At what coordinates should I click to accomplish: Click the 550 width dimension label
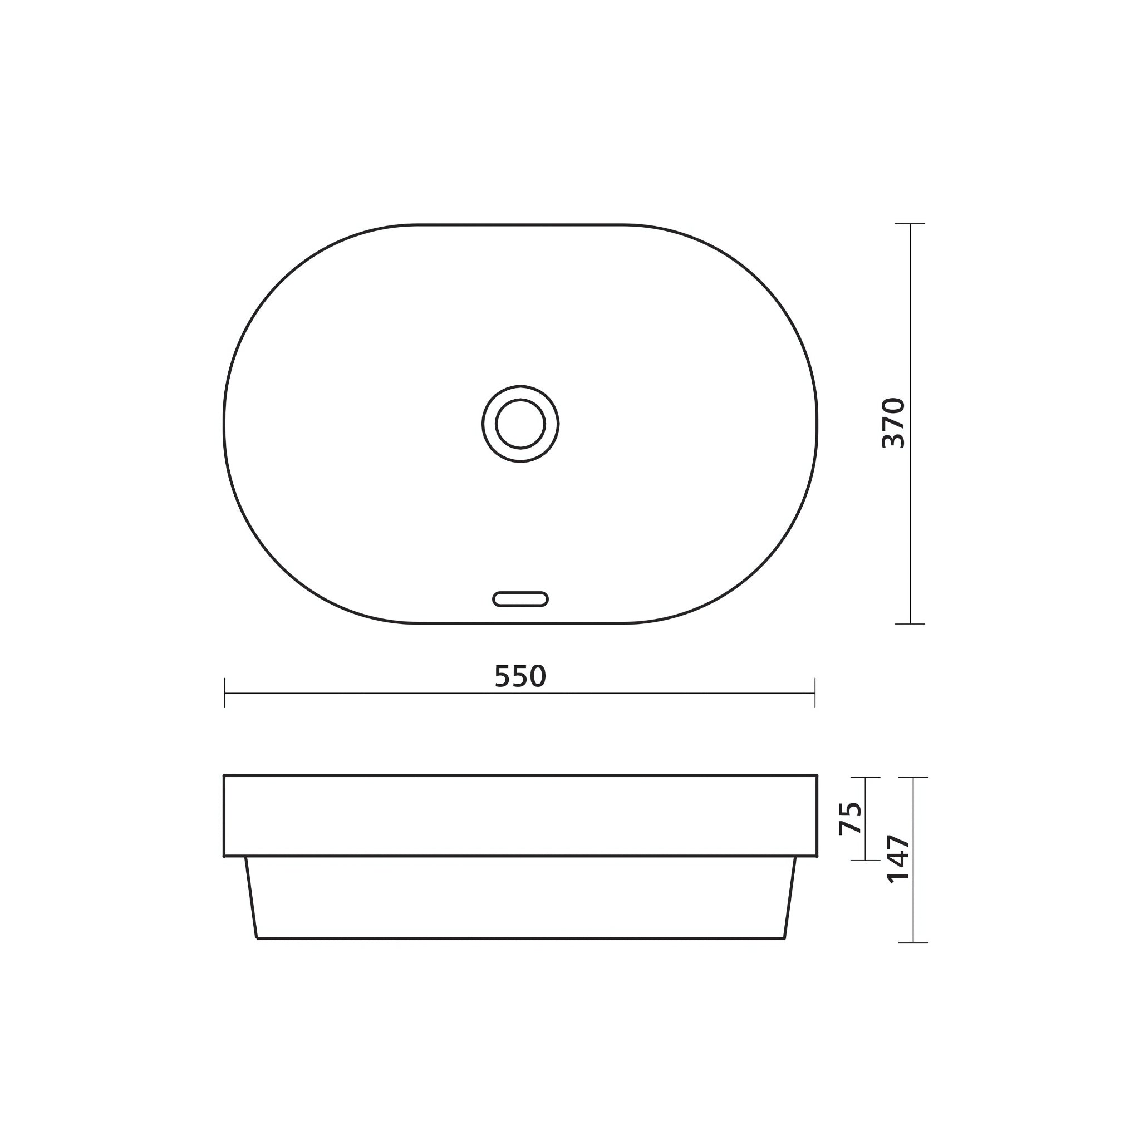pos(520,677)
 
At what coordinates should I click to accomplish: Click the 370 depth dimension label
pos(893,424)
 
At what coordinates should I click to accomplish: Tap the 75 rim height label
pos(851,818)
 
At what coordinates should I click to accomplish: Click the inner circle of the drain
pos(520,424)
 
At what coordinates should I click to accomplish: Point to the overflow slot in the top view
pos(520,599)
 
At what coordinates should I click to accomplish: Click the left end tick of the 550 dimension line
pos(225,692)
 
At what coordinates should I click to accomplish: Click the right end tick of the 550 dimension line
pos(815,692)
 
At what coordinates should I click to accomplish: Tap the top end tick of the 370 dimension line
pos(910,224)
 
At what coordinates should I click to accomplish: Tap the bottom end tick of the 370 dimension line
pos(910,623)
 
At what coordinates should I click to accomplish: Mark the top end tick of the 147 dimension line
pos(913,778)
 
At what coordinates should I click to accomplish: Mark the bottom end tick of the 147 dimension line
pos(913,942)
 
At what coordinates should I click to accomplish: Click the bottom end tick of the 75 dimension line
pos(865,861)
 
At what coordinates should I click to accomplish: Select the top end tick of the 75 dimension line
pos(865,778)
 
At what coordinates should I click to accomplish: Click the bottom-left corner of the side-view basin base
pos(257,937)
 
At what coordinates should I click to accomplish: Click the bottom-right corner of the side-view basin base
pos(784,937)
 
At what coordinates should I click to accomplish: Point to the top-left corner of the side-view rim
pos(225,776)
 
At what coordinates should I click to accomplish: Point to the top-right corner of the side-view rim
pos(817,776)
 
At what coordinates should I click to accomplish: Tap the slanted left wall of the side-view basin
pos(252,897)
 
